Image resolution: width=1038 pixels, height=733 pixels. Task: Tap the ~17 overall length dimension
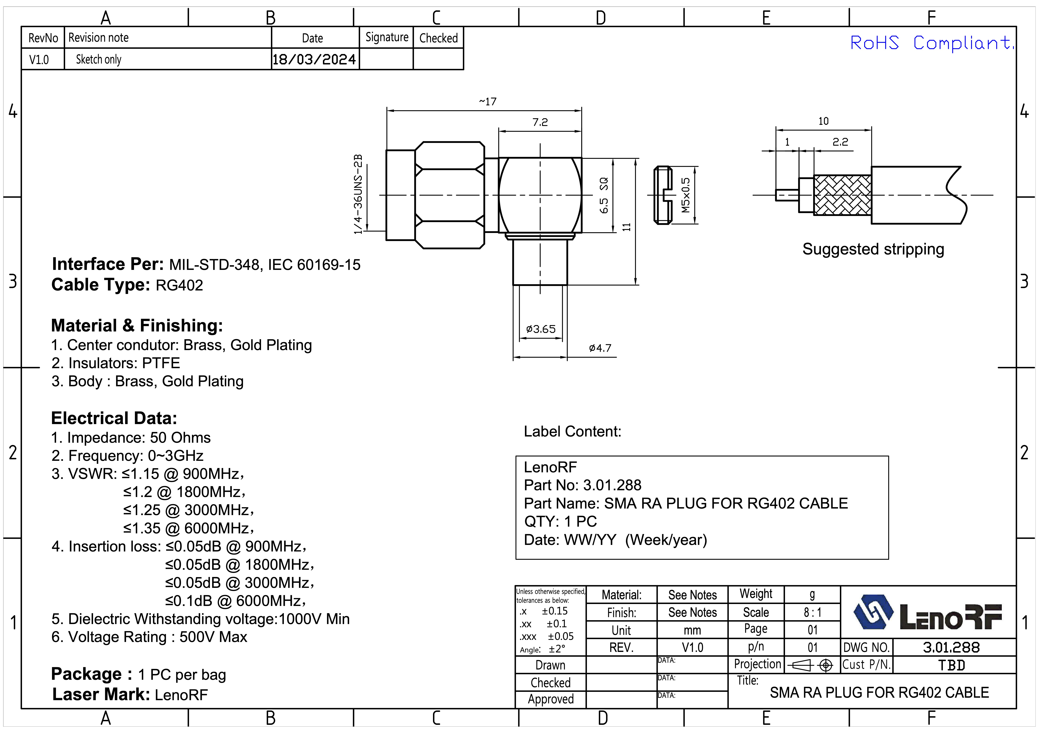coord(487,102)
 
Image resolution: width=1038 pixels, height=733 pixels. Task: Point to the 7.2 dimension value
coord(540,122)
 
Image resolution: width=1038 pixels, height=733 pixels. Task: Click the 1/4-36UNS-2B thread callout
coord(358,194)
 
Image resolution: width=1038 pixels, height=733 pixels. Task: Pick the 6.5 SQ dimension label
coord(604,196)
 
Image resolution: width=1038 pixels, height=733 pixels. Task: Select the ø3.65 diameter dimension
coord(541,329)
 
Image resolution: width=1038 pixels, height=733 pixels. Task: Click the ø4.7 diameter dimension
coord(600,348)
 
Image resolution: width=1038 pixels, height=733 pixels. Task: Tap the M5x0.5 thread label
coord(686,195)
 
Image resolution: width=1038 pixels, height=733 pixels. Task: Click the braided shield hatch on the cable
coord(842,195)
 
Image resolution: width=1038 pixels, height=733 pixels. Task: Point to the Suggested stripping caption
coord(873,249)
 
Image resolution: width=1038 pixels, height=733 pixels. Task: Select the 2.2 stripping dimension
coord(840,142)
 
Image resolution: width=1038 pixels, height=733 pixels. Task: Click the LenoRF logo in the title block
coord(927,613)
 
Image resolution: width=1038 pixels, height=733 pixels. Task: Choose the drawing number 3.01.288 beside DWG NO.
coord(951,648)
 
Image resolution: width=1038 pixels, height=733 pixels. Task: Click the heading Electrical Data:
coord(114,418)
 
